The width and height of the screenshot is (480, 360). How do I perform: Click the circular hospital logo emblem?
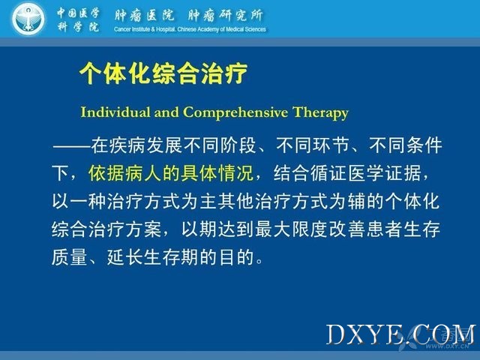point(28,19)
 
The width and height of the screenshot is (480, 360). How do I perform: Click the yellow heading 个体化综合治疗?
point(163,73)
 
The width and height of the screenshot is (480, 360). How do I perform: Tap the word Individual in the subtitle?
point(115,112)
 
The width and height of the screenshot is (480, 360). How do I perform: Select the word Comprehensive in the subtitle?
point(235,112)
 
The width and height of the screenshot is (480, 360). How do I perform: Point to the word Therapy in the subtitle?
point(320,113)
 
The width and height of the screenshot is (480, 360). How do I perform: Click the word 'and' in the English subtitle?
point(166,112)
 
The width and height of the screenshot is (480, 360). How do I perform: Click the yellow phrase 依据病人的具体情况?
point(171,173)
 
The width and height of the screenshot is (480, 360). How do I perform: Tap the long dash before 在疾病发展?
point(71,146)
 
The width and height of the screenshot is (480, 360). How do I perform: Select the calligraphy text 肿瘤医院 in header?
point(144,15)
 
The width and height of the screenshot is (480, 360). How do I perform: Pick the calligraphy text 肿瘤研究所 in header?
point(225,15)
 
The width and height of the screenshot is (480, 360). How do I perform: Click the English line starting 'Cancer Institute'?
point(190,29)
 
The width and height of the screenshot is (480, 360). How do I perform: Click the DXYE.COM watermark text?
point(400,334)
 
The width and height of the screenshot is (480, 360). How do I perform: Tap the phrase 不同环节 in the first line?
point(313,145)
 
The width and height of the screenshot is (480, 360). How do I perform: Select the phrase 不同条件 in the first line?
point(405,145)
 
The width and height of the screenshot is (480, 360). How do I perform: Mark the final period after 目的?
point(259,262)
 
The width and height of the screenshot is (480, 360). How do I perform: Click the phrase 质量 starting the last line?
point(70,257)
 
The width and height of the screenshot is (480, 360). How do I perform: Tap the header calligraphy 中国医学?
point(78,13)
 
